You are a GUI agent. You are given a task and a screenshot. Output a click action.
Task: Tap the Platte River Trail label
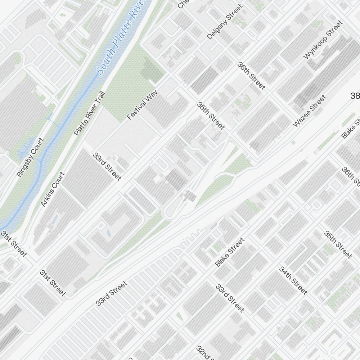click(x=89, y=113)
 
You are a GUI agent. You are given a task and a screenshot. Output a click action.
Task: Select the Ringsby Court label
click(x=30, y=157)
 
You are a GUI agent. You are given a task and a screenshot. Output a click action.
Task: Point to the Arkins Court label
click(x=53, y=189)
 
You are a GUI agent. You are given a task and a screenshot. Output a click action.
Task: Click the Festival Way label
click(x=143, y=105)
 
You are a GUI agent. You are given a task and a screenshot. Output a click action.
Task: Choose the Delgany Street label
click(x=225, y=22)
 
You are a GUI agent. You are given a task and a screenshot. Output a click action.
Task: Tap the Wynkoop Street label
click(x=323, y=40)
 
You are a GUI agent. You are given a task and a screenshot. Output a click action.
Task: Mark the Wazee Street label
click(x=309, y=111)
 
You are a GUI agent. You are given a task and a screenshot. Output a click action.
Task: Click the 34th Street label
click(x=293, y=280)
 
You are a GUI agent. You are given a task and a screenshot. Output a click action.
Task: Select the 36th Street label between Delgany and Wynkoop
click(x=251, y=76)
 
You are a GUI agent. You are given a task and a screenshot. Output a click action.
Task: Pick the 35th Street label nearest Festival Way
click(x=211, y=116)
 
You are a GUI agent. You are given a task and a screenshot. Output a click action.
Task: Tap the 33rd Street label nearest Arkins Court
click(x=107, y=166)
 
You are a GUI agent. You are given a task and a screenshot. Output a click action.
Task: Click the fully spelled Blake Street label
click(x=229, y=252)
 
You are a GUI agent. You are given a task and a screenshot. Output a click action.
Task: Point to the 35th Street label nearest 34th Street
click(x=338, y=244)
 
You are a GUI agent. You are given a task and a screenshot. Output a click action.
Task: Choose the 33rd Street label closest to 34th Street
click(x=230, y=298)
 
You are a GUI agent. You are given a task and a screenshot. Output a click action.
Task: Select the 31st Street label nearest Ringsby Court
click(x=14, y=244)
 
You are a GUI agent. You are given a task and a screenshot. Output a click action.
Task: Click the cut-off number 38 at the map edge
click(x=355, y=96)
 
